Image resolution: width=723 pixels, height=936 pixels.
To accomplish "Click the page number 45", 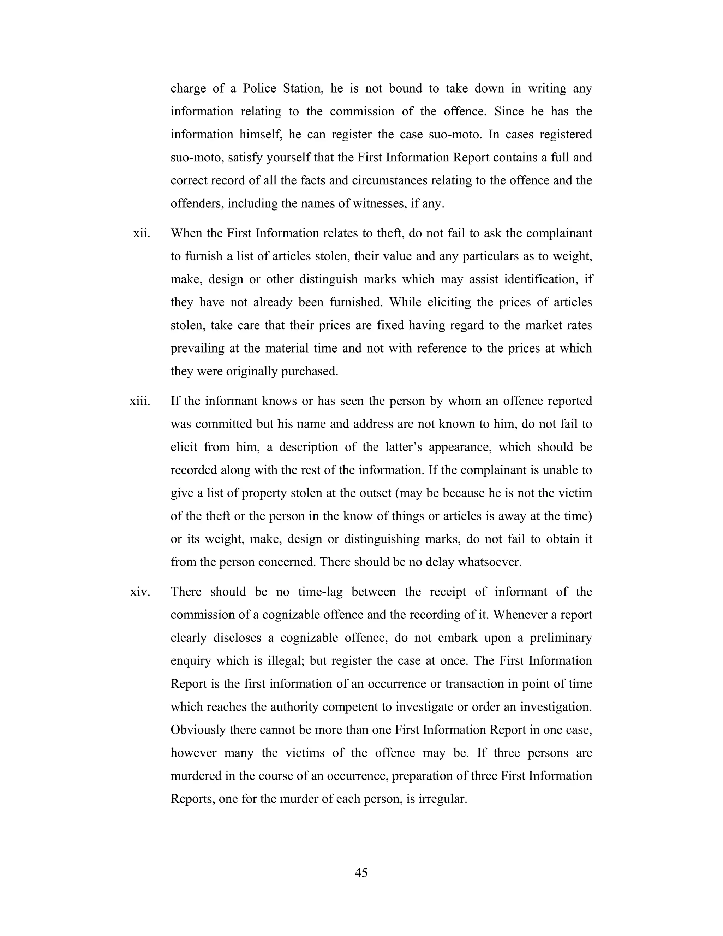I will (361, 872).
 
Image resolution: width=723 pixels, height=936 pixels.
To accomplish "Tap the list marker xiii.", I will (140, 401).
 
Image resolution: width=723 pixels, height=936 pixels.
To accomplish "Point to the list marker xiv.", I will (140, 592).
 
